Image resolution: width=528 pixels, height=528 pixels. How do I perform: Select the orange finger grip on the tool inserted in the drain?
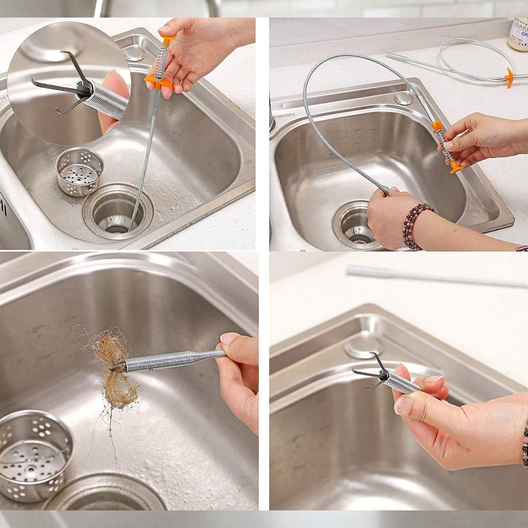pyautogui.click(x=159, y=81)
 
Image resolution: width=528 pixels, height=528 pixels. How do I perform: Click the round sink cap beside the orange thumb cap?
pyautogui.click(x=134, y=53)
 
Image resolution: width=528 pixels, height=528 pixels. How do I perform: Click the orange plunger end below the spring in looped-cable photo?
pyautogui.click(x=457, y=168)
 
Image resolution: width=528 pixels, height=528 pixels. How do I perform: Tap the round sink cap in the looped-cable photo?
pyautogui.click(x=404, y=98)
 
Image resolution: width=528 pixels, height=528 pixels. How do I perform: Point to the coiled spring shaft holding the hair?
pyautogui.click(x=172, y=360)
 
